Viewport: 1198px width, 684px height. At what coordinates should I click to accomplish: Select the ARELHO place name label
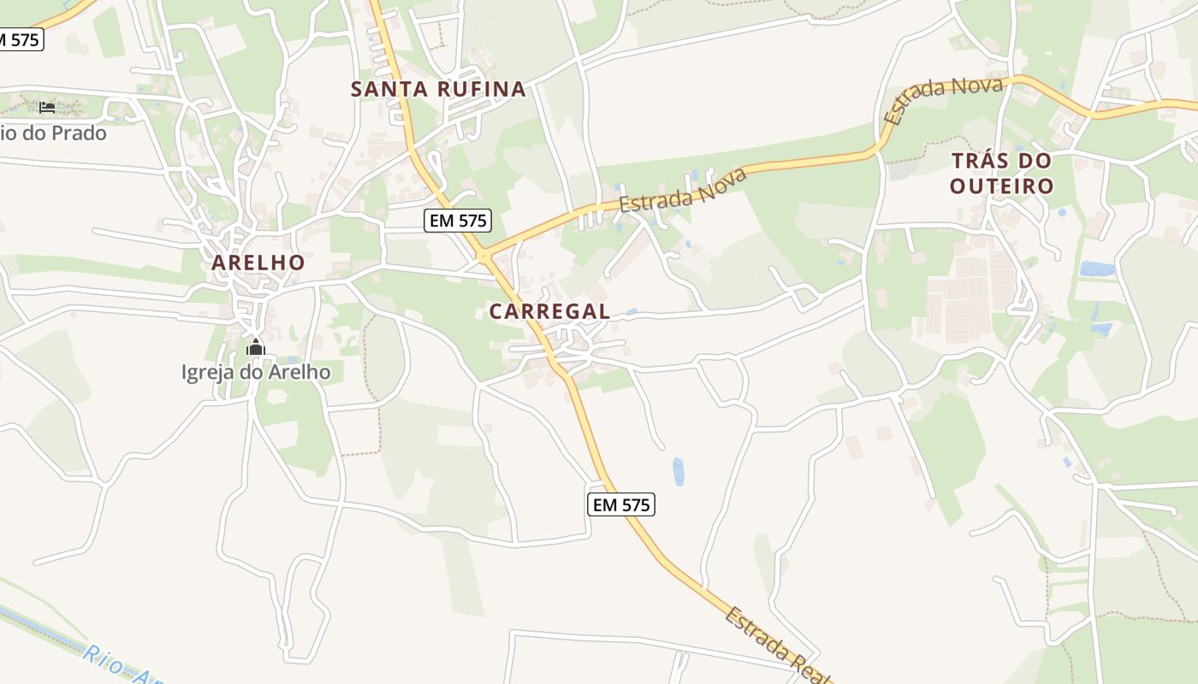pyautogui.click(x=258, y=262)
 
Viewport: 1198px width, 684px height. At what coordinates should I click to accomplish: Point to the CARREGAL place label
pyautogui.click(x=549, y=312)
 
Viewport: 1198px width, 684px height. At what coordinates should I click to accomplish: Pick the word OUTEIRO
pyautogui.click(x=1001, y=186)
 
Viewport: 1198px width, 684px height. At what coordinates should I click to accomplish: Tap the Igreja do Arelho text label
pyautogui.click(x=255, y=372)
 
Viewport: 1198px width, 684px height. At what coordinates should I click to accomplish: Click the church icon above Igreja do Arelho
pyautogui.click(x=255, y=348)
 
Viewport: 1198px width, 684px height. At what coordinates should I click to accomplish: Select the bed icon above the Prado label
pyautogui.click(x=47, y=108)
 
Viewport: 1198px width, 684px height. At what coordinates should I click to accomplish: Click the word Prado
pyautogui.click(x=78, y=133)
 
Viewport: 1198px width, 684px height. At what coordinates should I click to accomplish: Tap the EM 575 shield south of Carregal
pyautogui.click(x=621, y=504)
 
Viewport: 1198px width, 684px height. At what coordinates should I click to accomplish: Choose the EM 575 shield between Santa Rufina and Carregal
pyautogui.click(x=458, y=221)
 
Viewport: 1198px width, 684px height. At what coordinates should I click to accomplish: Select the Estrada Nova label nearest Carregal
pyautogui.click(x=683, y=191)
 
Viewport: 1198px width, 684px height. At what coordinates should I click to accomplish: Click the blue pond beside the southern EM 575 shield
pyautogui.click(x=678, y=471)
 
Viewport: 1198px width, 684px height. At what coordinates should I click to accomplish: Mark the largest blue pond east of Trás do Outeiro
pyautogui.click(x=1096, y=269)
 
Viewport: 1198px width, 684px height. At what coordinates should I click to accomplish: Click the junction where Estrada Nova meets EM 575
pyautogui.click(x=483, y=256)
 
